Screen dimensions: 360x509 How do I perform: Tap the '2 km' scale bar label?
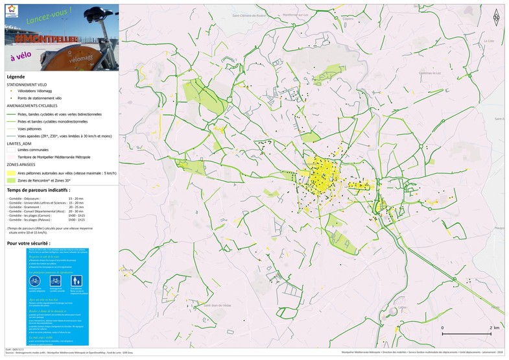[494, 328]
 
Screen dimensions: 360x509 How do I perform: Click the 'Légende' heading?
[16, 77]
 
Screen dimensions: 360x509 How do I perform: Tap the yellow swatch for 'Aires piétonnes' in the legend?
[11, 173]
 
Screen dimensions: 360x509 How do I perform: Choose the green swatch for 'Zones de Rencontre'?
[11, 180]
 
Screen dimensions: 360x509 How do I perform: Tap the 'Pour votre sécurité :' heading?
[28, 243]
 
